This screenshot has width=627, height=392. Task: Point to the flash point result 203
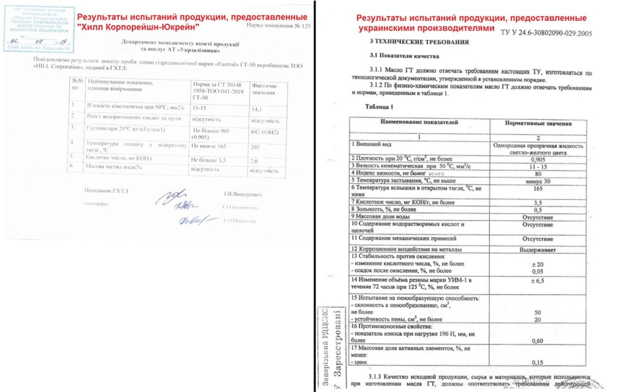(255, 146)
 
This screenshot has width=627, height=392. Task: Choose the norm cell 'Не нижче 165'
(208, 146)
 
